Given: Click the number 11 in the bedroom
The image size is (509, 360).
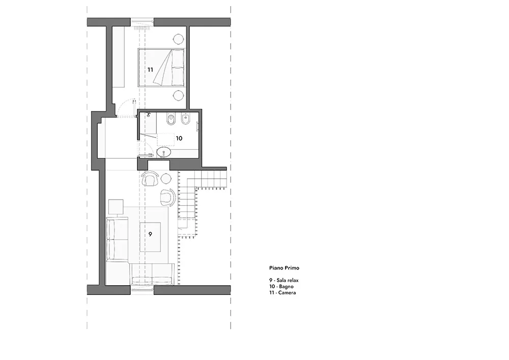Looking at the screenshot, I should pyautogui.click(x=150, y=69).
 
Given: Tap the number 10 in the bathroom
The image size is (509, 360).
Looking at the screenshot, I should pyautogui.click(x=179, y=137).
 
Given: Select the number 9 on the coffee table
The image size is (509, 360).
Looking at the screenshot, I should pyautogui.click(x=150, y=234).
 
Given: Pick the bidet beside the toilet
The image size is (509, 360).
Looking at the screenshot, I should pyautogui.click(x=185, y=120).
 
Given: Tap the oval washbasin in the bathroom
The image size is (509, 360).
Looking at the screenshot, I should pyautogui.click(x=164, y=152).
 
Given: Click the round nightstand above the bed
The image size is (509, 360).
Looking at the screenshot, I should pyautogui.click(x=178, y=39).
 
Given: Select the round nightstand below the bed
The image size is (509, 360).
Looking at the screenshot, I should pyautogui.click(x=178, y=95).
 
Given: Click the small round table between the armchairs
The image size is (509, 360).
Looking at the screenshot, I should pyautogui.click(x=166, y=178).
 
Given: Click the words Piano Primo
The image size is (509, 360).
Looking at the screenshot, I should pyautogui.click(x=285, y=268).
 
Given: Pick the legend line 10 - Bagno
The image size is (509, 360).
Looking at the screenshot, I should pyautogui.click(x=285, y=287).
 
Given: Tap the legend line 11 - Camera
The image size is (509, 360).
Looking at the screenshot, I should pyautogui.click(x=283, y=293).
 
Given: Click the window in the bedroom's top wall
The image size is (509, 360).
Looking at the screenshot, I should pyautogui.click(x=142, y=22).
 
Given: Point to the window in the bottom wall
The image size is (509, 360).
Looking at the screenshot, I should pyautogui.click(x=142, y=290).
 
